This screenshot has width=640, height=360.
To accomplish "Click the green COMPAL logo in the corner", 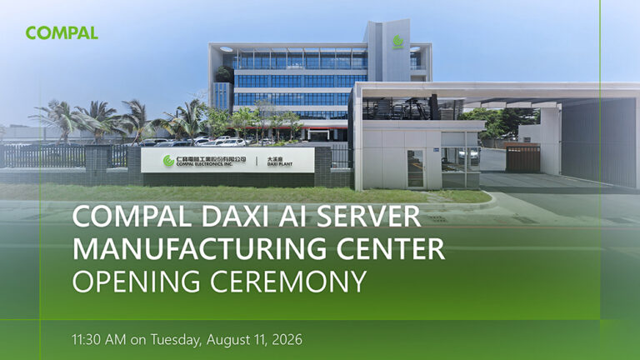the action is (62, 32).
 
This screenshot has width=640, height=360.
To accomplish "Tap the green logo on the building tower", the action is (398, 42).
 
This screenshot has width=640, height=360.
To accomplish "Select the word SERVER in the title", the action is (368, 216).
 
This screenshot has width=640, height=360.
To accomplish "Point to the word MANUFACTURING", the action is (200, 248).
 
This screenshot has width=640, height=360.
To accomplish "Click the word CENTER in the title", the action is (391, 248).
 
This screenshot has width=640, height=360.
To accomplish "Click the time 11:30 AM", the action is (99, 340).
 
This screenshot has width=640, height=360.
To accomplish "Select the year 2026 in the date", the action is (287, 340).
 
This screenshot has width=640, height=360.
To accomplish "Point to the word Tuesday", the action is (176, 340).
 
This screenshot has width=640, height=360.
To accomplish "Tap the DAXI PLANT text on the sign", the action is (280, 164).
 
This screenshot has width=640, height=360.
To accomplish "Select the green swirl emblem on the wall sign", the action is (168, 161).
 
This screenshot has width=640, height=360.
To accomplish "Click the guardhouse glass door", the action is (416, 168).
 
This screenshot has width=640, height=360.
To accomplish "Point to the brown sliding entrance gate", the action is (522, 158).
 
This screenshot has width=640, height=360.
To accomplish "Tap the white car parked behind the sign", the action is (232, 142).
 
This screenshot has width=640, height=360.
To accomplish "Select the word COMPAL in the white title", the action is (132, 216).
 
